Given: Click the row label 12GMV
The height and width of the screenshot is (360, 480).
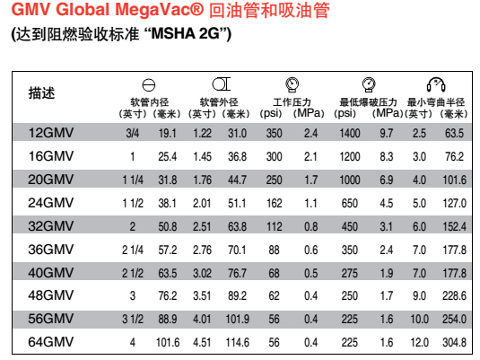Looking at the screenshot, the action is (51, 133).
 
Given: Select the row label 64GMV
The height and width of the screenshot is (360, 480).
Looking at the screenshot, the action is (51, 342).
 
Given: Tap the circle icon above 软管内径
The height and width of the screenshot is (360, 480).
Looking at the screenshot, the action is (149, 85).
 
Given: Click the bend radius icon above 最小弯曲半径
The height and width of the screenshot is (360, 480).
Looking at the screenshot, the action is (436, 84).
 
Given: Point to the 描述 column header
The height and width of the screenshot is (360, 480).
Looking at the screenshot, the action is (41, 92).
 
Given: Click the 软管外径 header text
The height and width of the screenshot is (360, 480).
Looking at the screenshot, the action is (219, 102).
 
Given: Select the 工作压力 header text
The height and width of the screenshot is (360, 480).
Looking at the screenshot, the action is (292, 102).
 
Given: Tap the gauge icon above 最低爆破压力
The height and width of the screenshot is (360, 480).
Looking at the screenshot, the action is (369, 84).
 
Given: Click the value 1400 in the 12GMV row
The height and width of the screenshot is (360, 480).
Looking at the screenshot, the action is (350, 133).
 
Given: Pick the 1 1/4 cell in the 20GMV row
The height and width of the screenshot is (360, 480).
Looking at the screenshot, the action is (133, 180).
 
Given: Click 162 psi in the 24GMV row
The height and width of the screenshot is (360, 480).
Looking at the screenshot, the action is (274, 203).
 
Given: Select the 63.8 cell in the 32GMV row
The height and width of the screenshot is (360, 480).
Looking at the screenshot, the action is (237, 226).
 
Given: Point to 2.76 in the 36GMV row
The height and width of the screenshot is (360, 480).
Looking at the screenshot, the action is (202, 250).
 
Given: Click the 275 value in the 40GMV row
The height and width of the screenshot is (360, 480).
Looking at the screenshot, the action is (350, 273).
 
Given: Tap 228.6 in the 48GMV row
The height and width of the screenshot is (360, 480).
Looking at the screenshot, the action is (454, 295).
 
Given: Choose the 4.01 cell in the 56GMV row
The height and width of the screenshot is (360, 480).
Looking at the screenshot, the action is (202, 319).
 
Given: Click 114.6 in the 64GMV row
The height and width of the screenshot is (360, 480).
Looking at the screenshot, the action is (237, 342).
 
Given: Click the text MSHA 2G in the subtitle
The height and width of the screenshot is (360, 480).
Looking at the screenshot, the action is (186, 34).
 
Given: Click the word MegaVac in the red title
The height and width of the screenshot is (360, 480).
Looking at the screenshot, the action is (159, 10).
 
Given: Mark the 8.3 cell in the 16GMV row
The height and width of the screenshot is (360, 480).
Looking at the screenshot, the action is (387, 156).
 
